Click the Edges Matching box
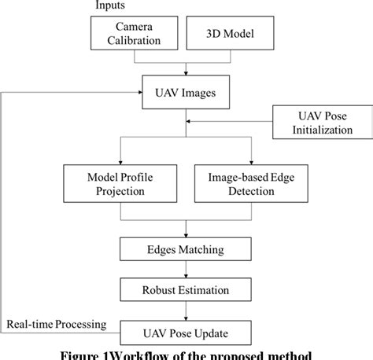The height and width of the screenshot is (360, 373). point(186,250)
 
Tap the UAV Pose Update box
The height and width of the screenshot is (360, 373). point(186,330)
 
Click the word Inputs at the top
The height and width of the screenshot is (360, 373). point(110,6)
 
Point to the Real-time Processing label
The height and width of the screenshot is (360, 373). point(57,323)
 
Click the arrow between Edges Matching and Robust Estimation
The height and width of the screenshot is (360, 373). point(186,270)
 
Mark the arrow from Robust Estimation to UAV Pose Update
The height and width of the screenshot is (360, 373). point(186,310)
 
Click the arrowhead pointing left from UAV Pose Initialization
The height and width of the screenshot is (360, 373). point(190,122)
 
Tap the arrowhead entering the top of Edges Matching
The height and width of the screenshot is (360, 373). point(186,234)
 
